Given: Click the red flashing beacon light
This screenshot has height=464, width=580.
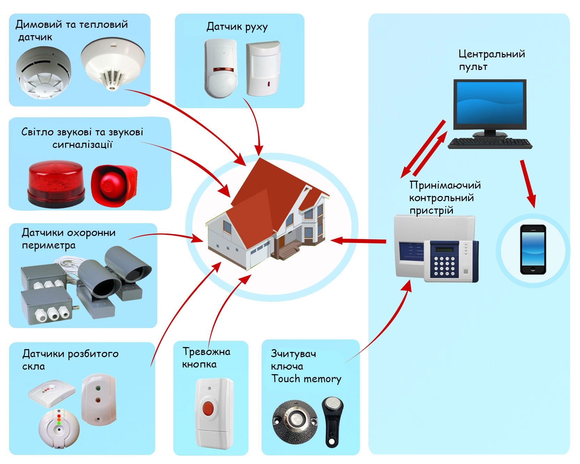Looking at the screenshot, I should tap(56, 184).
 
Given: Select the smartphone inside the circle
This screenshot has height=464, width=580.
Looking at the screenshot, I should tap(533, 250).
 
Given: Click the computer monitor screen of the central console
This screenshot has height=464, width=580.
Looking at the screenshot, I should tap(489, 103).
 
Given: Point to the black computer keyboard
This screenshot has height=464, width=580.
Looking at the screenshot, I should tap(490, 143).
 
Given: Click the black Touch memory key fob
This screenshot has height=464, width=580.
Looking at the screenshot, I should tap(332, 421).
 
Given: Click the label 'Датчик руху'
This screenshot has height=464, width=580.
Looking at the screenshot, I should tap(237, 27).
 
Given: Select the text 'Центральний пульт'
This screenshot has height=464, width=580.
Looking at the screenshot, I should tap(491, 60).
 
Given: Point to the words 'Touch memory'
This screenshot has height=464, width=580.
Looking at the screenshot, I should tap(306, 379).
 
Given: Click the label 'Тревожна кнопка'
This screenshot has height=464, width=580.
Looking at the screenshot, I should tap(206, 358).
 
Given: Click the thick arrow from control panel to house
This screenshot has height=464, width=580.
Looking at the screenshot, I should tap(359, 241).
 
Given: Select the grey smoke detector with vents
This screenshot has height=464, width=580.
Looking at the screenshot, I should tap(44, 72).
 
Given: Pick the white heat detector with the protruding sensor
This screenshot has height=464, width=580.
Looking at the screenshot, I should tap(113, 64).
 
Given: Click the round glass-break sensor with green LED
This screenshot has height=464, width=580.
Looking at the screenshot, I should tap(59, 428).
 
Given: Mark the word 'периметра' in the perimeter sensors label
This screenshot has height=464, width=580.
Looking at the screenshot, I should tap(48, 245).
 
